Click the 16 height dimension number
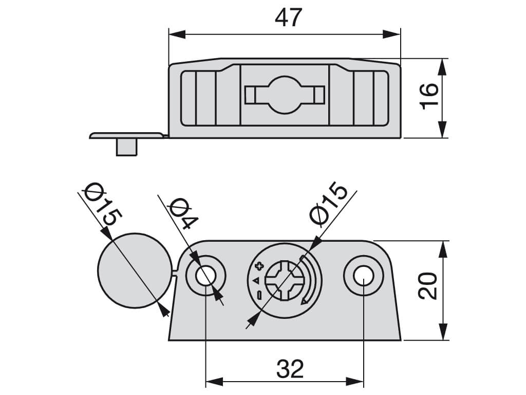429,96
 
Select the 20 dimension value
428,286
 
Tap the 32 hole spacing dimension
290,369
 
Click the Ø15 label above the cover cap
103,204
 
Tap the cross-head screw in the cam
285,280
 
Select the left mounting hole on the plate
206,276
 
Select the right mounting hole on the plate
364,276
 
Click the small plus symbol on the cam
259,267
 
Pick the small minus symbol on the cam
259,295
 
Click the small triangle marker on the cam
257,280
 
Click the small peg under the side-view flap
126,147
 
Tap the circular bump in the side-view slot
285,95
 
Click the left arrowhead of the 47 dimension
177,34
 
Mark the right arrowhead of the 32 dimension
355,382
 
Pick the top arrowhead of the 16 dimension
443,67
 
